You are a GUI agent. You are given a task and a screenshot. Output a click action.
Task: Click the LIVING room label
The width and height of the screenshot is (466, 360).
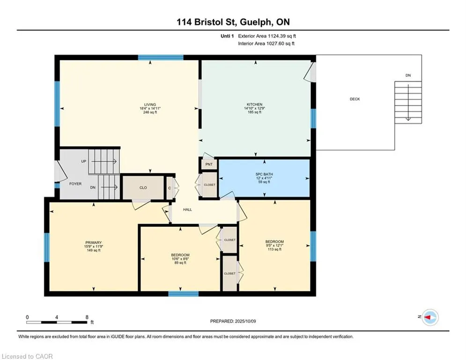[x=150, y=105]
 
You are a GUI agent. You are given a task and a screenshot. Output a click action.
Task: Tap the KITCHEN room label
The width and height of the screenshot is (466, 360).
[x=254, y=105]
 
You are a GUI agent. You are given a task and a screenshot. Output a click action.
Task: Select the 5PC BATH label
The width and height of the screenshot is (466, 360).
[x=264, y=174]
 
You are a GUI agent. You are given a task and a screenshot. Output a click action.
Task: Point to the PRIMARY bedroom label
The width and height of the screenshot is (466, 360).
[x=93, y=242]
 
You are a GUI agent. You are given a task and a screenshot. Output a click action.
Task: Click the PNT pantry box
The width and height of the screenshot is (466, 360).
[x=209, y=164]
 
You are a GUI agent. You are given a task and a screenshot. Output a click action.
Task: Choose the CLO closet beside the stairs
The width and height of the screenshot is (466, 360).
[x=143, y=188]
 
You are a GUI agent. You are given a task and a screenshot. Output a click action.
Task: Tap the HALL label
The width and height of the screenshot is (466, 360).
[x=187, y=210]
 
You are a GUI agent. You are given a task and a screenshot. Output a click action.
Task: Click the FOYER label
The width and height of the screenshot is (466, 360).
[x=75, y=184]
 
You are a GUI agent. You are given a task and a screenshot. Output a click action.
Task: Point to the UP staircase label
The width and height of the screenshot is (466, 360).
[x=83, y=161]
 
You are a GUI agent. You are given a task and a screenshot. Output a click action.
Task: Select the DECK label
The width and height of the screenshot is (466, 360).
[x=355, y=99]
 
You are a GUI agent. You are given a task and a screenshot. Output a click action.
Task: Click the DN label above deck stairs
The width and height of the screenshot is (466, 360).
[x=408, y=75]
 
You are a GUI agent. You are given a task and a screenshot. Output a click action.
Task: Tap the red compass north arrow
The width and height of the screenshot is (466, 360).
[x=427, y=317]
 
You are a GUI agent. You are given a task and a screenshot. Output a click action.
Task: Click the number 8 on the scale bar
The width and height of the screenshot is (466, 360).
[x=87, y=317]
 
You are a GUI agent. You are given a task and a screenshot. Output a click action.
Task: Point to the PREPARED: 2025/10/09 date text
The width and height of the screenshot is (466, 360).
[x=233, y=321]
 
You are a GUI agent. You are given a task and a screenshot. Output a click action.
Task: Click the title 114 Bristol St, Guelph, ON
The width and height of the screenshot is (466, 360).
[x=233, y=22]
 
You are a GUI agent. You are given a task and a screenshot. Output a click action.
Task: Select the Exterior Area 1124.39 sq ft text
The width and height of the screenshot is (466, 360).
[x=267, y=36]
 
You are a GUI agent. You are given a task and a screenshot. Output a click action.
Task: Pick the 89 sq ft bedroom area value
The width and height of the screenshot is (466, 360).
[x=180, y=262]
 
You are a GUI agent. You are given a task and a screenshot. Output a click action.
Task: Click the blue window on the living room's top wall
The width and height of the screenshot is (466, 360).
[x=161, y=58]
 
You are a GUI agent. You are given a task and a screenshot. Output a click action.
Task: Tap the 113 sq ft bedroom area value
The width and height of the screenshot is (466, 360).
[x=274, y=249]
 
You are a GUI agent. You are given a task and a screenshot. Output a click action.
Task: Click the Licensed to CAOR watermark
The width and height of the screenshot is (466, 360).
[x=27, y=356]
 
